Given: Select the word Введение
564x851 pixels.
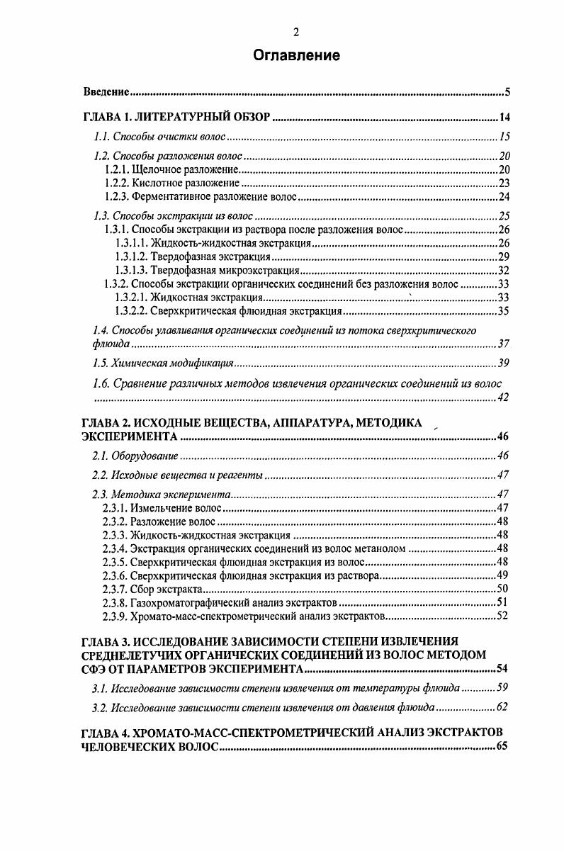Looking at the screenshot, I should click(106, 92).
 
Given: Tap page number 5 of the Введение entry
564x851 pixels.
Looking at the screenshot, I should click(507, 92).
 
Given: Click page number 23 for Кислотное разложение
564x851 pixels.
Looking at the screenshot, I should click(504, 183).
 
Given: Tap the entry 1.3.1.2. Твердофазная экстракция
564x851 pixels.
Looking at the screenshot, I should click(192, 257).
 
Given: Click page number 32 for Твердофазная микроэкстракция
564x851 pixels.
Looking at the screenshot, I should click(504, 270).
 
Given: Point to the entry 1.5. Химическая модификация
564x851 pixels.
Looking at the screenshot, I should click(164, 363).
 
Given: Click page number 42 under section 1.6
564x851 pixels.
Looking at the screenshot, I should click(504, 398).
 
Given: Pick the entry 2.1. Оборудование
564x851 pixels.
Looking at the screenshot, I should click(135, 455).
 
